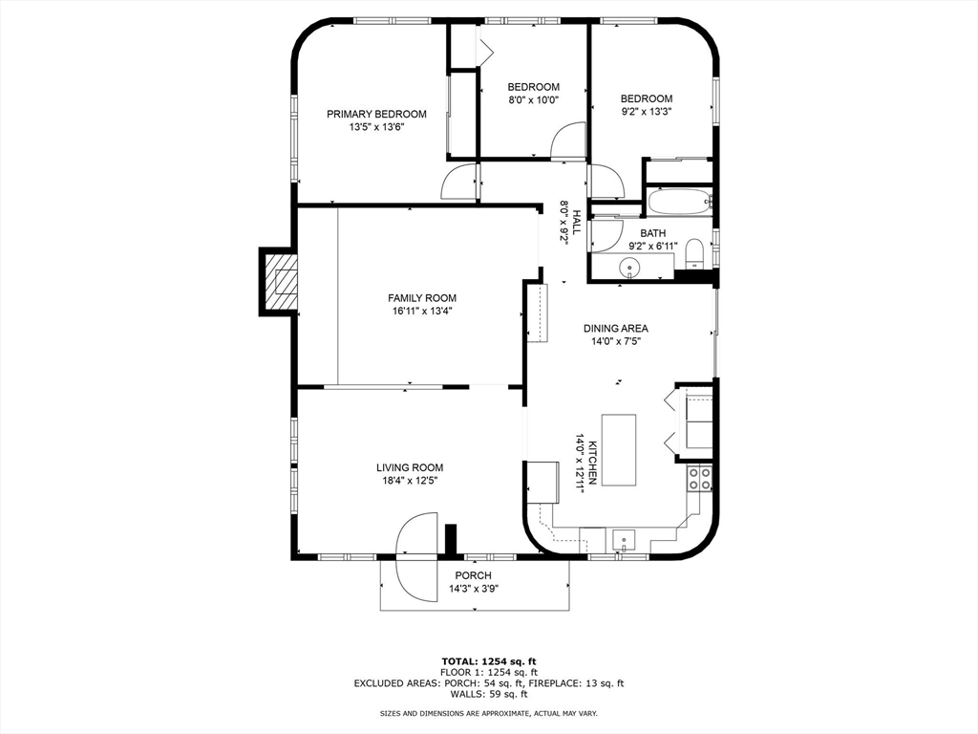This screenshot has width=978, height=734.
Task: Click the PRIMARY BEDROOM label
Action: [x=376, y=115]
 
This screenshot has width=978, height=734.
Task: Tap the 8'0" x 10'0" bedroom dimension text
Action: [x=533, y=99]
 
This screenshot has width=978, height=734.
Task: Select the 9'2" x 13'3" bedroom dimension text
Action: [x=647, y=112]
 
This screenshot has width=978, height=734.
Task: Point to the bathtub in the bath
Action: [x=679, y=202]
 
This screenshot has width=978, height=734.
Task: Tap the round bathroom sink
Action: [x=630, y=269]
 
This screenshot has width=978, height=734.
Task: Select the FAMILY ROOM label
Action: [x=422, y=298]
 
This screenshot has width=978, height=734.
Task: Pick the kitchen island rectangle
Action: [x=619, y=449]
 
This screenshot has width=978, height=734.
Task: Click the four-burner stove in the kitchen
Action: [x=699, y=478]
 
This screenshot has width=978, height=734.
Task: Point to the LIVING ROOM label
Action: [x=410, y=467]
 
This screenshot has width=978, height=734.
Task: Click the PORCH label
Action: [x=473, y=575]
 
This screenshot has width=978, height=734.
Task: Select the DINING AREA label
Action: [x=616, y=329]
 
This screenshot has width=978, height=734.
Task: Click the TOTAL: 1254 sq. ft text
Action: [x=489, y=661]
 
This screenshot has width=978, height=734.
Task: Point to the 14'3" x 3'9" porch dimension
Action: [x=474, y=589]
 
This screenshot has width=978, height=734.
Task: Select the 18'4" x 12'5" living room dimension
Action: [x=410, y=481]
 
